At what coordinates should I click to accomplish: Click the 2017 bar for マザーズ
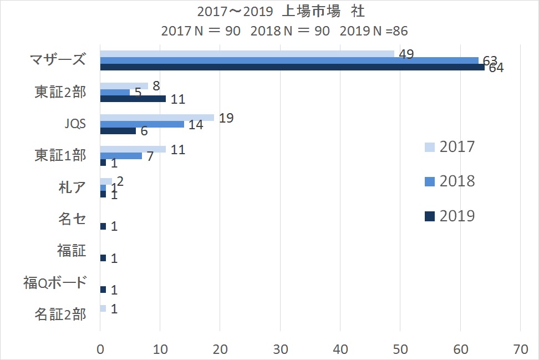pyautogui.click(x=247, y=54)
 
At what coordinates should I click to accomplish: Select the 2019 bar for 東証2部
pyautogui.click(x=133, y=99)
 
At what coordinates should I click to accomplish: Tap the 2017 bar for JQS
pyautogui.click(x=157, y=118)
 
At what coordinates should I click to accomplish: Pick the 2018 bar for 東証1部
pyautogui.click(x=121, y=156)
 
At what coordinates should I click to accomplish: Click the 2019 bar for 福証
pyautogui.click(x=103, y=258)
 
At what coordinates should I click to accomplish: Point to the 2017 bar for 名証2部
pyautogui.click(x=103, y=308)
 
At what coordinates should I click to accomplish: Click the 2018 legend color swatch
pyautogui.click(x=430, y=181)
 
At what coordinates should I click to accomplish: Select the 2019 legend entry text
pyautogui.click(x=457, y=216)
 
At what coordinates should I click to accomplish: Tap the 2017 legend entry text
pyautogui.click(x=457, y=147)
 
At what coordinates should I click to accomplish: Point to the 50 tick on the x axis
pyautogui.click(x=400, y=349)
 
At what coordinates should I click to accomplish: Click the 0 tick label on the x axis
pyautogui.click(x=100, y=349)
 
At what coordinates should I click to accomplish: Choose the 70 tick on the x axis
pyautogui.click(x=521, y=349)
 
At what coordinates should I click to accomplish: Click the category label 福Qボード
pyautogui.click(x=55, y=283)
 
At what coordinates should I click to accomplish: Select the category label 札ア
pyautogui.click(x=72, y=187)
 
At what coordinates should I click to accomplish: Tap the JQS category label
pyautogui.click(x=75, y=124)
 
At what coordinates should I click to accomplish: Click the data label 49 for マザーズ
pyautogui.click(x=406, y=54)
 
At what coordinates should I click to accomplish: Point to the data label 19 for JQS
pyautogui.click(x=226, y=118)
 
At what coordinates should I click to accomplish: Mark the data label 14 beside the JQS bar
pyautogui.click(x=196, y=124)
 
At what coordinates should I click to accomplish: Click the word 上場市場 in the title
pyautogui.click(x=311, y=11)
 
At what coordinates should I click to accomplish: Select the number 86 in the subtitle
pyautogui.click(x=400, y=31)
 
